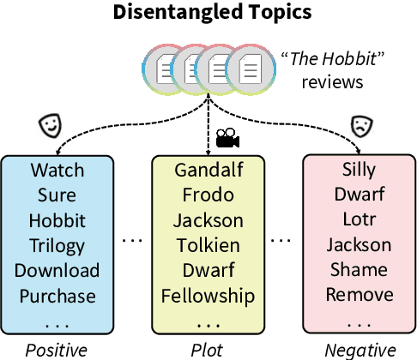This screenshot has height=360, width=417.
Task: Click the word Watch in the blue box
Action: point(57,171)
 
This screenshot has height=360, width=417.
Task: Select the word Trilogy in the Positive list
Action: point(57,246)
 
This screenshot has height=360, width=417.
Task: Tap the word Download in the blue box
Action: point(57,271)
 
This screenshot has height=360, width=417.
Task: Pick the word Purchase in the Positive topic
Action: point(57,297)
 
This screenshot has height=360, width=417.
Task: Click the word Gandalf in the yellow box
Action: point(208,171)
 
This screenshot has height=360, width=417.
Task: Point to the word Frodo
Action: point(208,195)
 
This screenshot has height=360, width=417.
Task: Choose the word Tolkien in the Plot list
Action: point(208,246)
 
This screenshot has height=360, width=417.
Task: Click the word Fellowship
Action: point(208,297)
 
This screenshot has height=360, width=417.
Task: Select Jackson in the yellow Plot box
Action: point(208,221)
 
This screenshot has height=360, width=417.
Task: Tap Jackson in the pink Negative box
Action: point(360,246)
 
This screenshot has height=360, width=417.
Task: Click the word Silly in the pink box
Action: point(360,171)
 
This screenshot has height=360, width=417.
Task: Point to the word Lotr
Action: point(360,221)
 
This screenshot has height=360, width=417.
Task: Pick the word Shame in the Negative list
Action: point(360,271)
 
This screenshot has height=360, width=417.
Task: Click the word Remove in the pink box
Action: point(360,297)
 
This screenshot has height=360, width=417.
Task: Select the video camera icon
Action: point(227,137)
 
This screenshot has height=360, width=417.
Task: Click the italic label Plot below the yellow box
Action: point(208,349)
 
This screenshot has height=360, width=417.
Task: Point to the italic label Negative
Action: point(360,349)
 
